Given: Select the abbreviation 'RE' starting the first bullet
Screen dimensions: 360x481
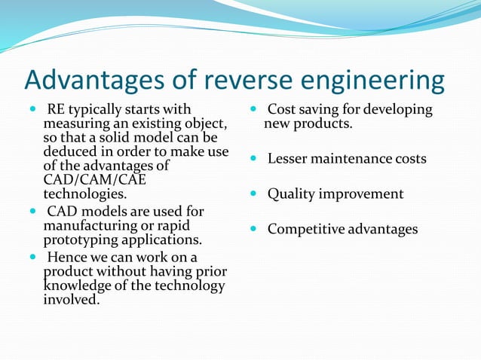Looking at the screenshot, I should click(x=56, y=110).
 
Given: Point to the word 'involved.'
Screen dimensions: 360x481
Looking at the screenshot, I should click(x=72, y=299).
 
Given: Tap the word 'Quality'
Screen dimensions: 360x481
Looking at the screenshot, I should click(x=293, y=194).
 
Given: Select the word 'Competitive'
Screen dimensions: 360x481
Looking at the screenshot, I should click(x=305, y=229).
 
